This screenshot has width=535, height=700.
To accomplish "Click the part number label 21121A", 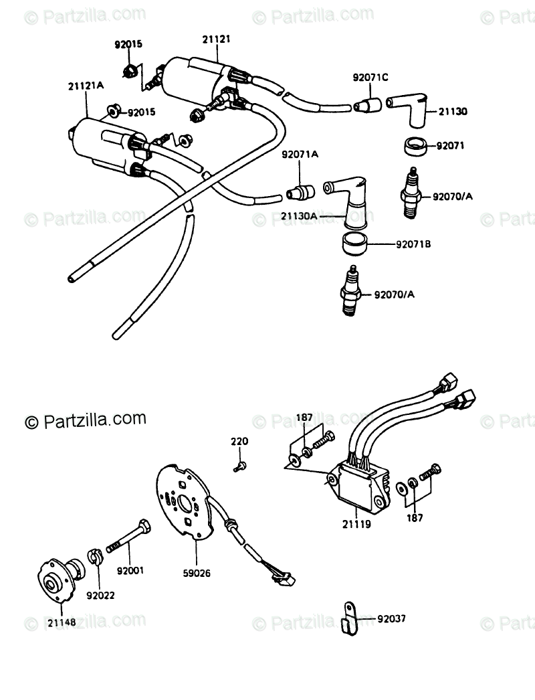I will tap(86, 86).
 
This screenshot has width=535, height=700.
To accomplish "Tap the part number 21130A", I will tap(298, 217).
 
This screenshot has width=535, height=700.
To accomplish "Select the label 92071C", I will tap(370, 78).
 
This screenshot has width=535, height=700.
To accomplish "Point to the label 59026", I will tap(197, 572).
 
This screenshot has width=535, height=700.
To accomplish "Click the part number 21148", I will tap(61, 622).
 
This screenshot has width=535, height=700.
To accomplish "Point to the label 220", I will tap(239, 442).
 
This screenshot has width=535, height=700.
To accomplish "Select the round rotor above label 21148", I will tap(59, 577).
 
